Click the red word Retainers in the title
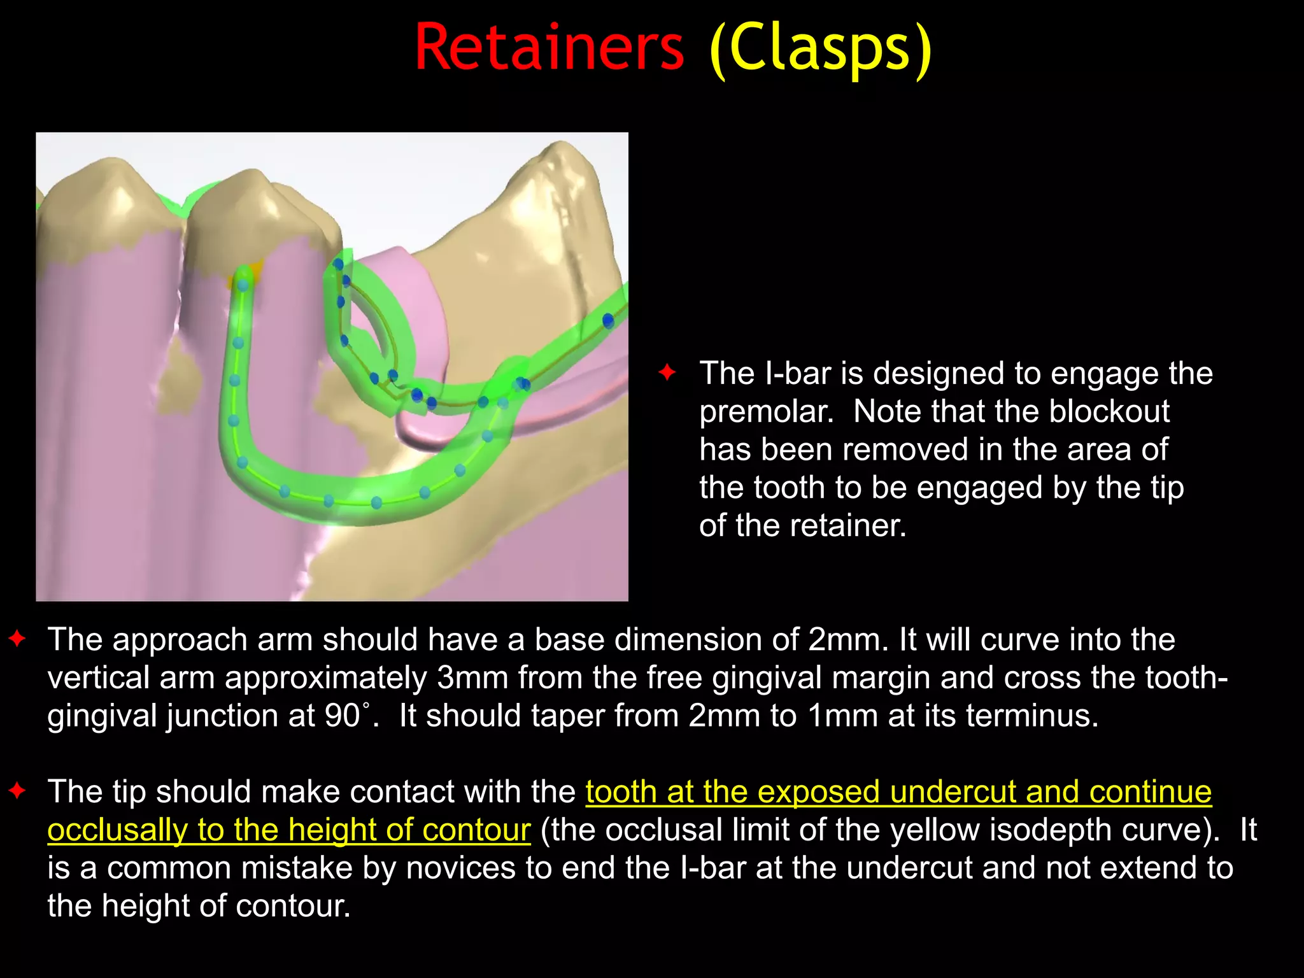tap(549, 48)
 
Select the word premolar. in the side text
tap(767, 412)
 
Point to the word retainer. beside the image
tap(848, 527)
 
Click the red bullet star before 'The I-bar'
tap(667, 372)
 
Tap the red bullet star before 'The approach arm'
tap(17, 638)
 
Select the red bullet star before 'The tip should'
tap(17, 791)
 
